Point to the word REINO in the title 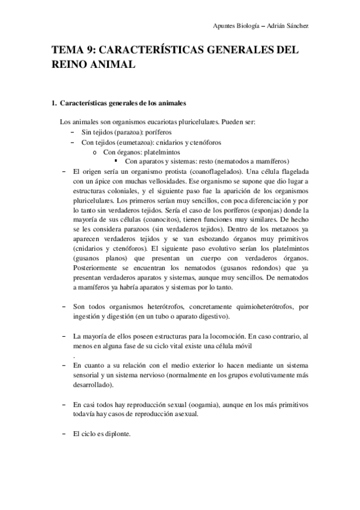tap(70, 63)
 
